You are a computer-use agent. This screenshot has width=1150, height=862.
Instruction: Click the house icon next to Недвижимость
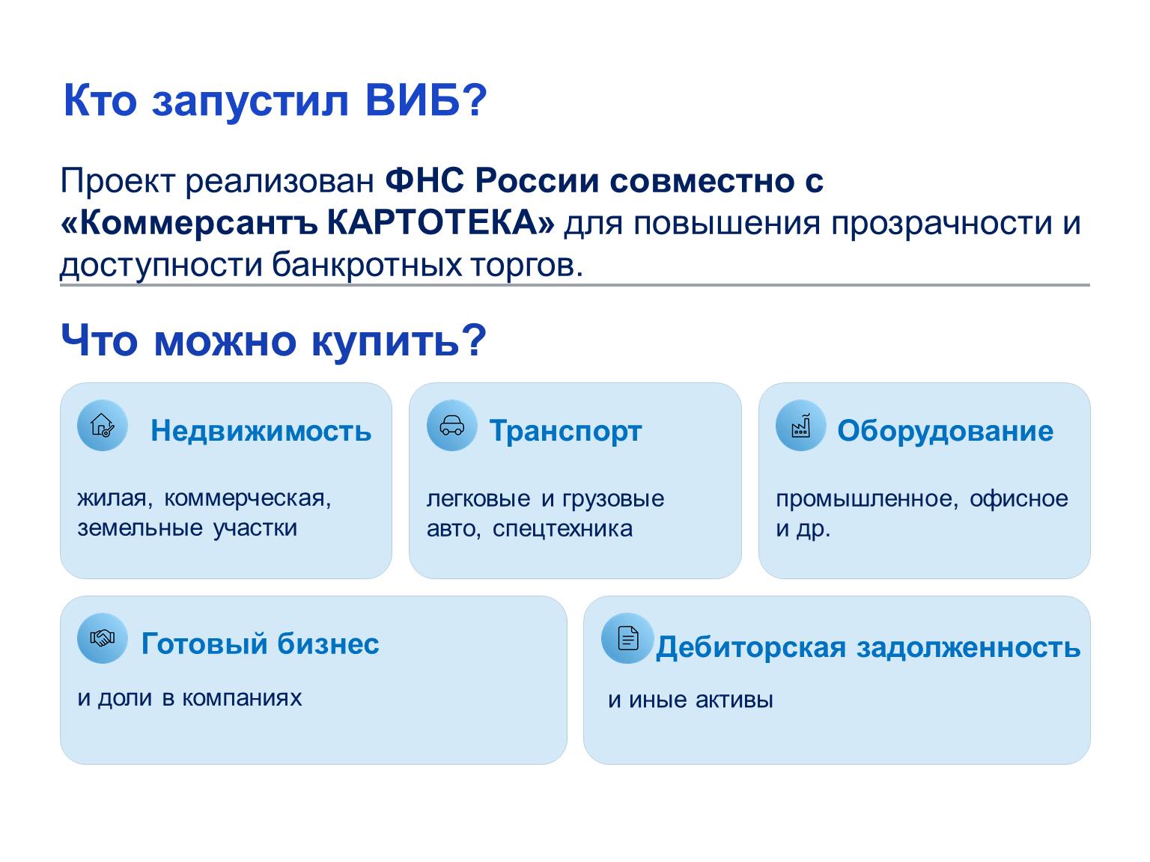102,425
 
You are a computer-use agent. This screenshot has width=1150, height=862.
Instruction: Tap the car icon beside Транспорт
451,425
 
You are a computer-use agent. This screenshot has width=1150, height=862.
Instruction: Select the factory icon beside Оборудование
800,425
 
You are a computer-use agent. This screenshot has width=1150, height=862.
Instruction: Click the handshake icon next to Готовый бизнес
102,638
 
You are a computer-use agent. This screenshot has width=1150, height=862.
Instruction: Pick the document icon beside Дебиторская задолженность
627,638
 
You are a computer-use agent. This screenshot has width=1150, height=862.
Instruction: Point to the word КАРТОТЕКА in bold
440,223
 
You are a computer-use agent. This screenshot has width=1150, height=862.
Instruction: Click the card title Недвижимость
261,431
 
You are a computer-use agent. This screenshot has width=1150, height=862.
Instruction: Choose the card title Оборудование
945,432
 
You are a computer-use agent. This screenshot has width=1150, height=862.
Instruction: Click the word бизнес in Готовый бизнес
328,644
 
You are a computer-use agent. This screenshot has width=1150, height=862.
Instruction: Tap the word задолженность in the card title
968,647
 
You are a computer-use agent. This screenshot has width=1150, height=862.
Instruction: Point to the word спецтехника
562,528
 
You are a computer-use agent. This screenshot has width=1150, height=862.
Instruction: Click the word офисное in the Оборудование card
1018,499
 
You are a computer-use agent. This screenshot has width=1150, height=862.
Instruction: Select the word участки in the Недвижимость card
255,528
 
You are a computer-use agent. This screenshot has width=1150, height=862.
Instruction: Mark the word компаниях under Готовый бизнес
242,698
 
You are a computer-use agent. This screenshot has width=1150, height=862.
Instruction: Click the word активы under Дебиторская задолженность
734,700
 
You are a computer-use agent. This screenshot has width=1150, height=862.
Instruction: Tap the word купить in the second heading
386,341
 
